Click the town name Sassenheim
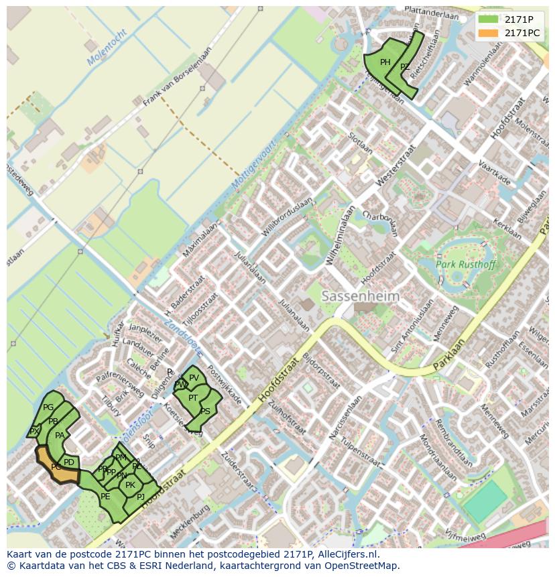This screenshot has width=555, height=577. click(360, 296)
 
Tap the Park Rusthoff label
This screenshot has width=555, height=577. click(466, 265)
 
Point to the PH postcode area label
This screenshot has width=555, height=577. click(385, 62)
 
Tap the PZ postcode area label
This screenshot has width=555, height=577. click(405, 67)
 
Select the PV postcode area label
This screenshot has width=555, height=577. click(194, 378)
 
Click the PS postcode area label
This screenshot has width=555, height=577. click(205, 411)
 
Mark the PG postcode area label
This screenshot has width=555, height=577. click(48, 407)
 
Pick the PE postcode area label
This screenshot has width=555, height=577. click(105, 497)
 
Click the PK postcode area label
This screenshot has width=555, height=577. click(130, 485)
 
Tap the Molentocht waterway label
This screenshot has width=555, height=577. click(107, 48)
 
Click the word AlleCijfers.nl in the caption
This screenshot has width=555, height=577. click(347, 555)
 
